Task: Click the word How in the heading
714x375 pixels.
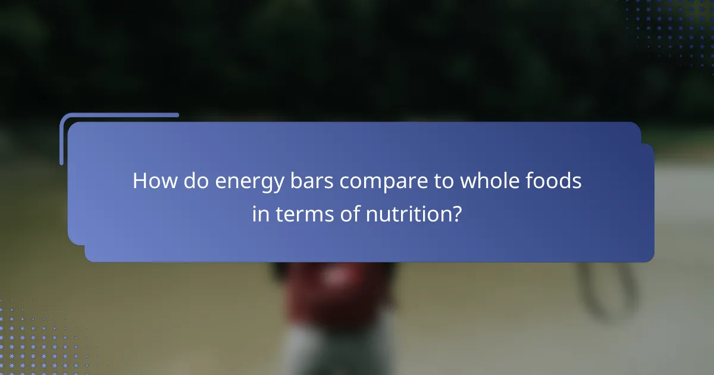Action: [x=155, y=181]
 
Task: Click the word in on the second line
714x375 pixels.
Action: [x=260, y=213]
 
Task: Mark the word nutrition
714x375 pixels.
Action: [x=405, y=213]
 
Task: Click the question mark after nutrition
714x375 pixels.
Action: [x=456, y=213]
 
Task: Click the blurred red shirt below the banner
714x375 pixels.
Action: [x=333, y=292]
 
